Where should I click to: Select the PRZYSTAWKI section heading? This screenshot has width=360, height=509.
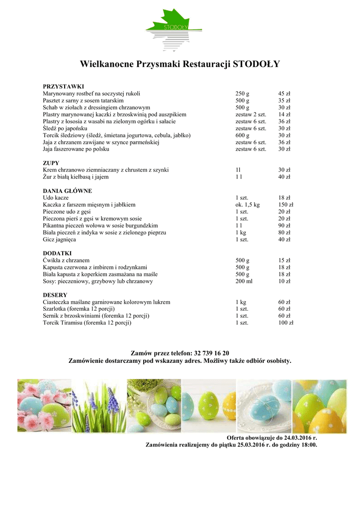coord(63,86)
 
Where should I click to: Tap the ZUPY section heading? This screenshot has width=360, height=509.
coord(51,163)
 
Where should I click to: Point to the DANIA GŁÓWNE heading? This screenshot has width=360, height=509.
coord(68,190)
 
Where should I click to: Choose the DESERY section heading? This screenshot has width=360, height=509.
coord(55,295)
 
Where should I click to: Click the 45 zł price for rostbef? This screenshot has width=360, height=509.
coord(284,93)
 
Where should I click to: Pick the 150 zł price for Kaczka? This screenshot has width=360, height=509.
coord(286,204)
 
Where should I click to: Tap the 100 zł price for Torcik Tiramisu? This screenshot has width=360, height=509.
coord(286,323)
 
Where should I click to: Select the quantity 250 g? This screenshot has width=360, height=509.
coord(243,93)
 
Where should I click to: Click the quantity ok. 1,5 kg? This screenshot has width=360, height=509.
coord(248,204)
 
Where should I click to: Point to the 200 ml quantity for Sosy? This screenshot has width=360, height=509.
coord(244,281)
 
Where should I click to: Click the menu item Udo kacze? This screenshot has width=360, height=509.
coord(56,197)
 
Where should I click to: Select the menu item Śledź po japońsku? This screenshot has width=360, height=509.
coord(65,128)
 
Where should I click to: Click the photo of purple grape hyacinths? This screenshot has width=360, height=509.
coord(99,406)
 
